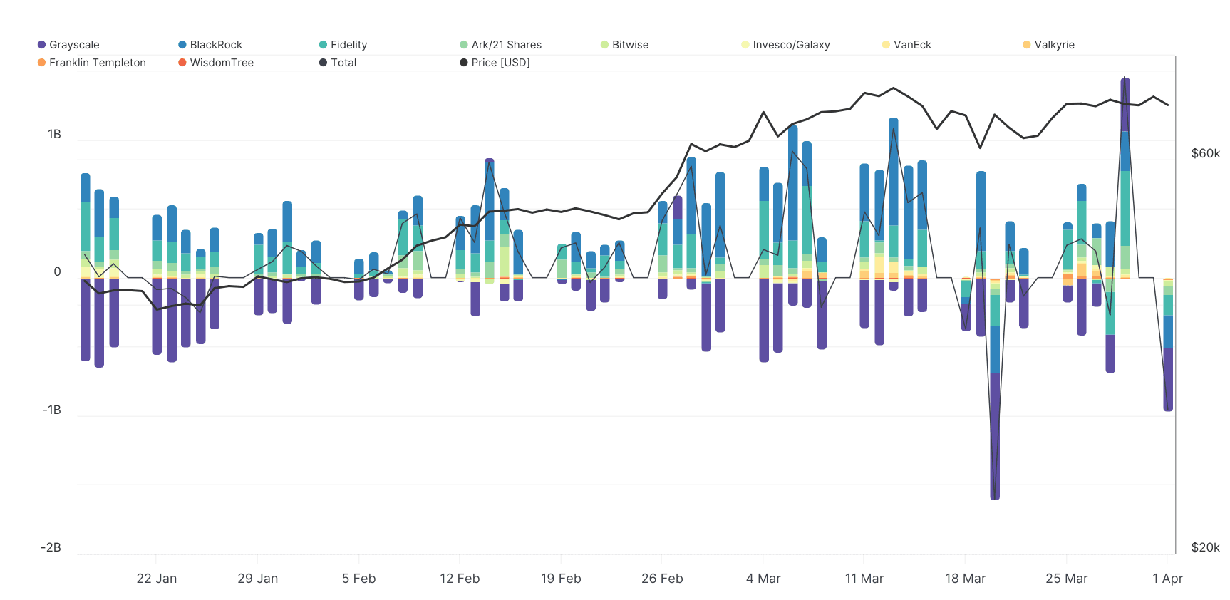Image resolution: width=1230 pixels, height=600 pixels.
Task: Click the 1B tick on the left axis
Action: [54, 134]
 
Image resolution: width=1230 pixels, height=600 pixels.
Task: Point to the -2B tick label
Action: [51, 547]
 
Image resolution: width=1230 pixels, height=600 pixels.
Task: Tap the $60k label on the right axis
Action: [1205, 153]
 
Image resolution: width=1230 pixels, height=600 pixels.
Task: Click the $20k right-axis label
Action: [1205, 547]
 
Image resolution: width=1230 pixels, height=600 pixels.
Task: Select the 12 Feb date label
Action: [460, 579]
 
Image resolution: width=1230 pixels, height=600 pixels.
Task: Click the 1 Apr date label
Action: [1167, 579]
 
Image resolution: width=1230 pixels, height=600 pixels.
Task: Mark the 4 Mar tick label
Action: [763, 579]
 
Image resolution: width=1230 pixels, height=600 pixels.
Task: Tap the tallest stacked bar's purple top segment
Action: [1125, 103]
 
